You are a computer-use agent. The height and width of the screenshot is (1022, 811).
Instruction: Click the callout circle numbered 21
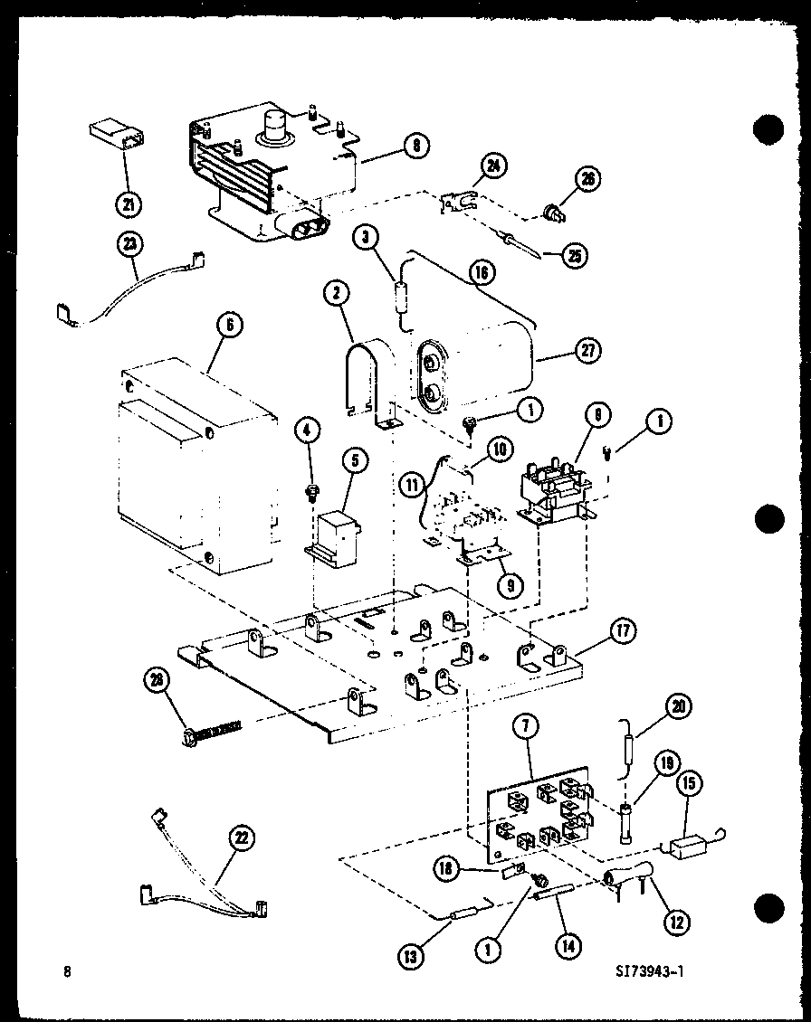[129, 204]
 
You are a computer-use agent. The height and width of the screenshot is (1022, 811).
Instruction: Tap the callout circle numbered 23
[130, 243]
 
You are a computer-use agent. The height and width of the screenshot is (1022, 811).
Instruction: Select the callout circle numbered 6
[230, 326]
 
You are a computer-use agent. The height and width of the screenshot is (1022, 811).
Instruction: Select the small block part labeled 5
[335, 531]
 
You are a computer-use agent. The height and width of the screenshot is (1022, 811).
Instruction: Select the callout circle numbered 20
[679, 706]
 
